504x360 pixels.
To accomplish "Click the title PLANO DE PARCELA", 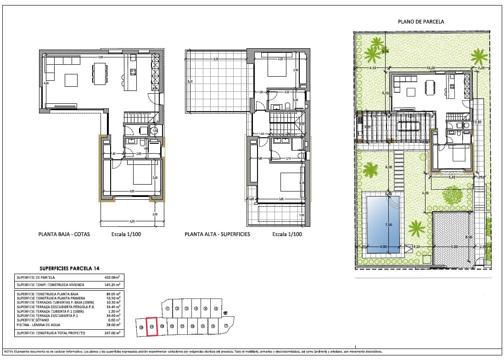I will click(x=421, y=22).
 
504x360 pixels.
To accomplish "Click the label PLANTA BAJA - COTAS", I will click(x=64, y=234).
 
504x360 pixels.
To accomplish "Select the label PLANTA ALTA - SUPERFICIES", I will click(x=217, y=234).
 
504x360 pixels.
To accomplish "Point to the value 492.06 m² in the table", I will click(x=112, y=277).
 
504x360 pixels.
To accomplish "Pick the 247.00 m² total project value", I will click(x=112, y=333).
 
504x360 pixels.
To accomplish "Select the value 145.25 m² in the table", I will click(x=112, y=285).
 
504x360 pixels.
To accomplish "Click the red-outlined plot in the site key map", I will click(x=151, y=326).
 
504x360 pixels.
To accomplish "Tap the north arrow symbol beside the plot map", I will click(x=225, y=314).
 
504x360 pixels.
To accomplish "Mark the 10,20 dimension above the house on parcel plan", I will click(x=431, y=68).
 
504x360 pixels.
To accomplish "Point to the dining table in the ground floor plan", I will click(x=100, y=74).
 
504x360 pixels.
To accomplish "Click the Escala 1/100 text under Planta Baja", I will click(x=126, y=234).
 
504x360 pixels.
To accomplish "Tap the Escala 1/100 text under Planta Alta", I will click(x=287, y=234).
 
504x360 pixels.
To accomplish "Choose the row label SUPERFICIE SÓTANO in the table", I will click(x=31, y=321).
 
